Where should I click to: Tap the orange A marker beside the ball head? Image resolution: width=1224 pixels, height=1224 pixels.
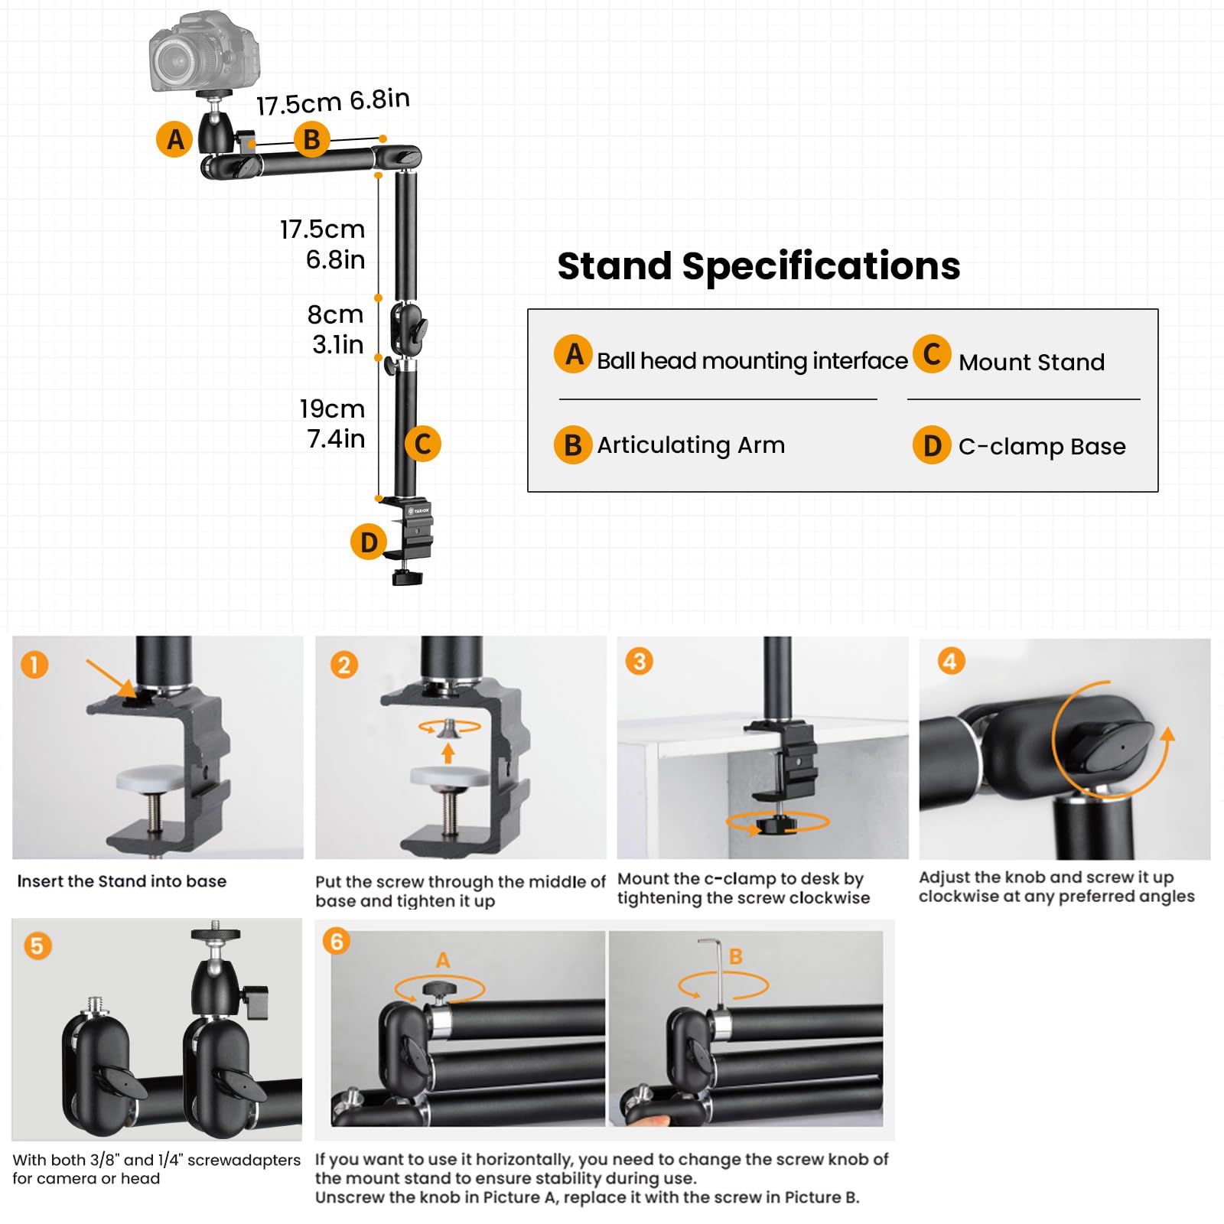(x=174, y=139)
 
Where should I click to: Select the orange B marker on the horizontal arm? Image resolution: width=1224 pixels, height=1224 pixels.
(x=311, y=139)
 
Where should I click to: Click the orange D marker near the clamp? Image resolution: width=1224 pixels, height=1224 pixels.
(x=369, y=542)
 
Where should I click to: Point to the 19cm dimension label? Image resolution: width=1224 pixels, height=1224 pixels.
(x=332, y=409)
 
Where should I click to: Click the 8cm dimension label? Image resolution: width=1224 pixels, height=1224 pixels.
(x=335, y=314)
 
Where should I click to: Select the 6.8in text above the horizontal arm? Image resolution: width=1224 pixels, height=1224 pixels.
(x=379, y=99)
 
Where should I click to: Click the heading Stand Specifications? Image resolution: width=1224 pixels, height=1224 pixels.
(x=758, y=266)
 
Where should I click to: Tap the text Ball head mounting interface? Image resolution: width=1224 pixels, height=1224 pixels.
(x=751, y=361)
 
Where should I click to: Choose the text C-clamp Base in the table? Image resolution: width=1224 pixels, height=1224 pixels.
(x=1041, y=447)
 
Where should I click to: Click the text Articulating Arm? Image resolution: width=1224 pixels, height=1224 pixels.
(x=690, y=445)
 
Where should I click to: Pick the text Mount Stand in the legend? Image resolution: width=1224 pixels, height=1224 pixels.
(x=1031, y=363)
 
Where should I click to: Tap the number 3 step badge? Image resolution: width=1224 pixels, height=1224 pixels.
(x=640, y=661)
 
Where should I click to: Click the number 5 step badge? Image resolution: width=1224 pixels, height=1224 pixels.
(x=37, y=946)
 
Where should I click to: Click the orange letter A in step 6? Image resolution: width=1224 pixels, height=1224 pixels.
(x=443, y=960)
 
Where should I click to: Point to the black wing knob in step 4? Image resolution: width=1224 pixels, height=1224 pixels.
(x=1107, y=746)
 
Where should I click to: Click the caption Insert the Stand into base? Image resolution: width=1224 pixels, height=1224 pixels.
(x=122, y=881)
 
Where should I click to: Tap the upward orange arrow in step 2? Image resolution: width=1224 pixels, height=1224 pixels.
(x=448, y=754)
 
